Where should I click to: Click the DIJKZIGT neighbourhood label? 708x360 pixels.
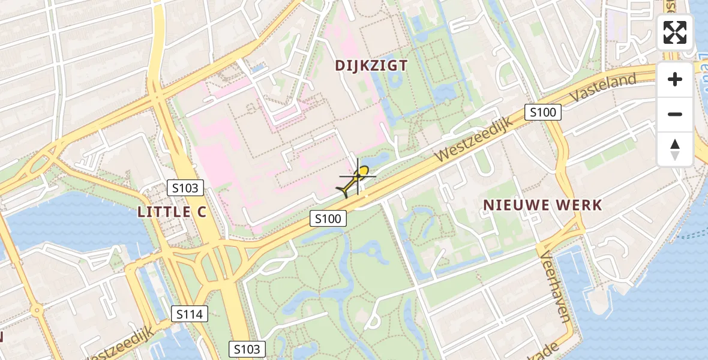371,65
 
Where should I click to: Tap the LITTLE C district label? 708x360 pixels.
172,212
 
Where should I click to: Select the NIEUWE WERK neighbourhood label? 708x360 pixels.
542,205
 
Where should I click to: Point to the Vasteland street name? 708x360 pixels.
603,88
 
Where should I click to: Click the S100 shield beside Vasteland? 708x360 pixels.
543,112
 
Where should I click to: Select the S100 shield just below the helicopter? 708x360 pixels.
328,218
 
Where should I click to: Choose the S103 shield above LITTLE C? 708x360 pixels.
185,188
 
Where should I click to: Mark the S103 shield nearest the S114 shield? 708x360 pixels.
247,349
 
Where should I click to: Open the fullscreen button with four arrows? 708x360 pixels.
675,32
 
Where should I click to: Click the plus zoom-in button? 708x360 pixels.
675,79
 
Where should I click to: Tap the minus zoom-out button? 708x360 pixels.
675,114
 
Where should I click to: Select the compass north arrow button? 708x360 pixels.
675,149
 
